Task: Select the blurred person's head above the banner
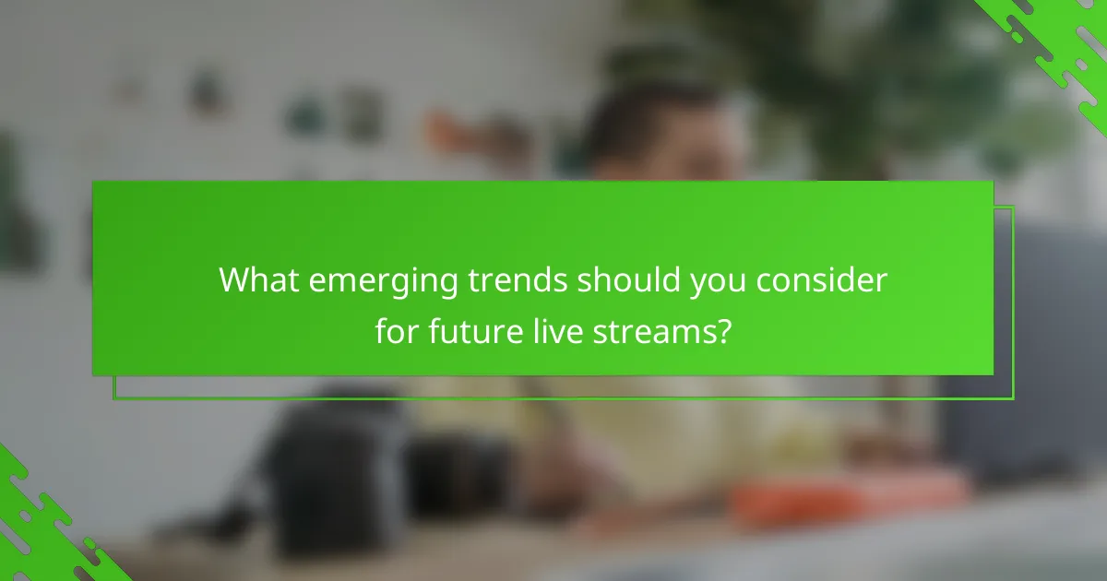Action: pyautogui.click(x=664, y=129)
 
